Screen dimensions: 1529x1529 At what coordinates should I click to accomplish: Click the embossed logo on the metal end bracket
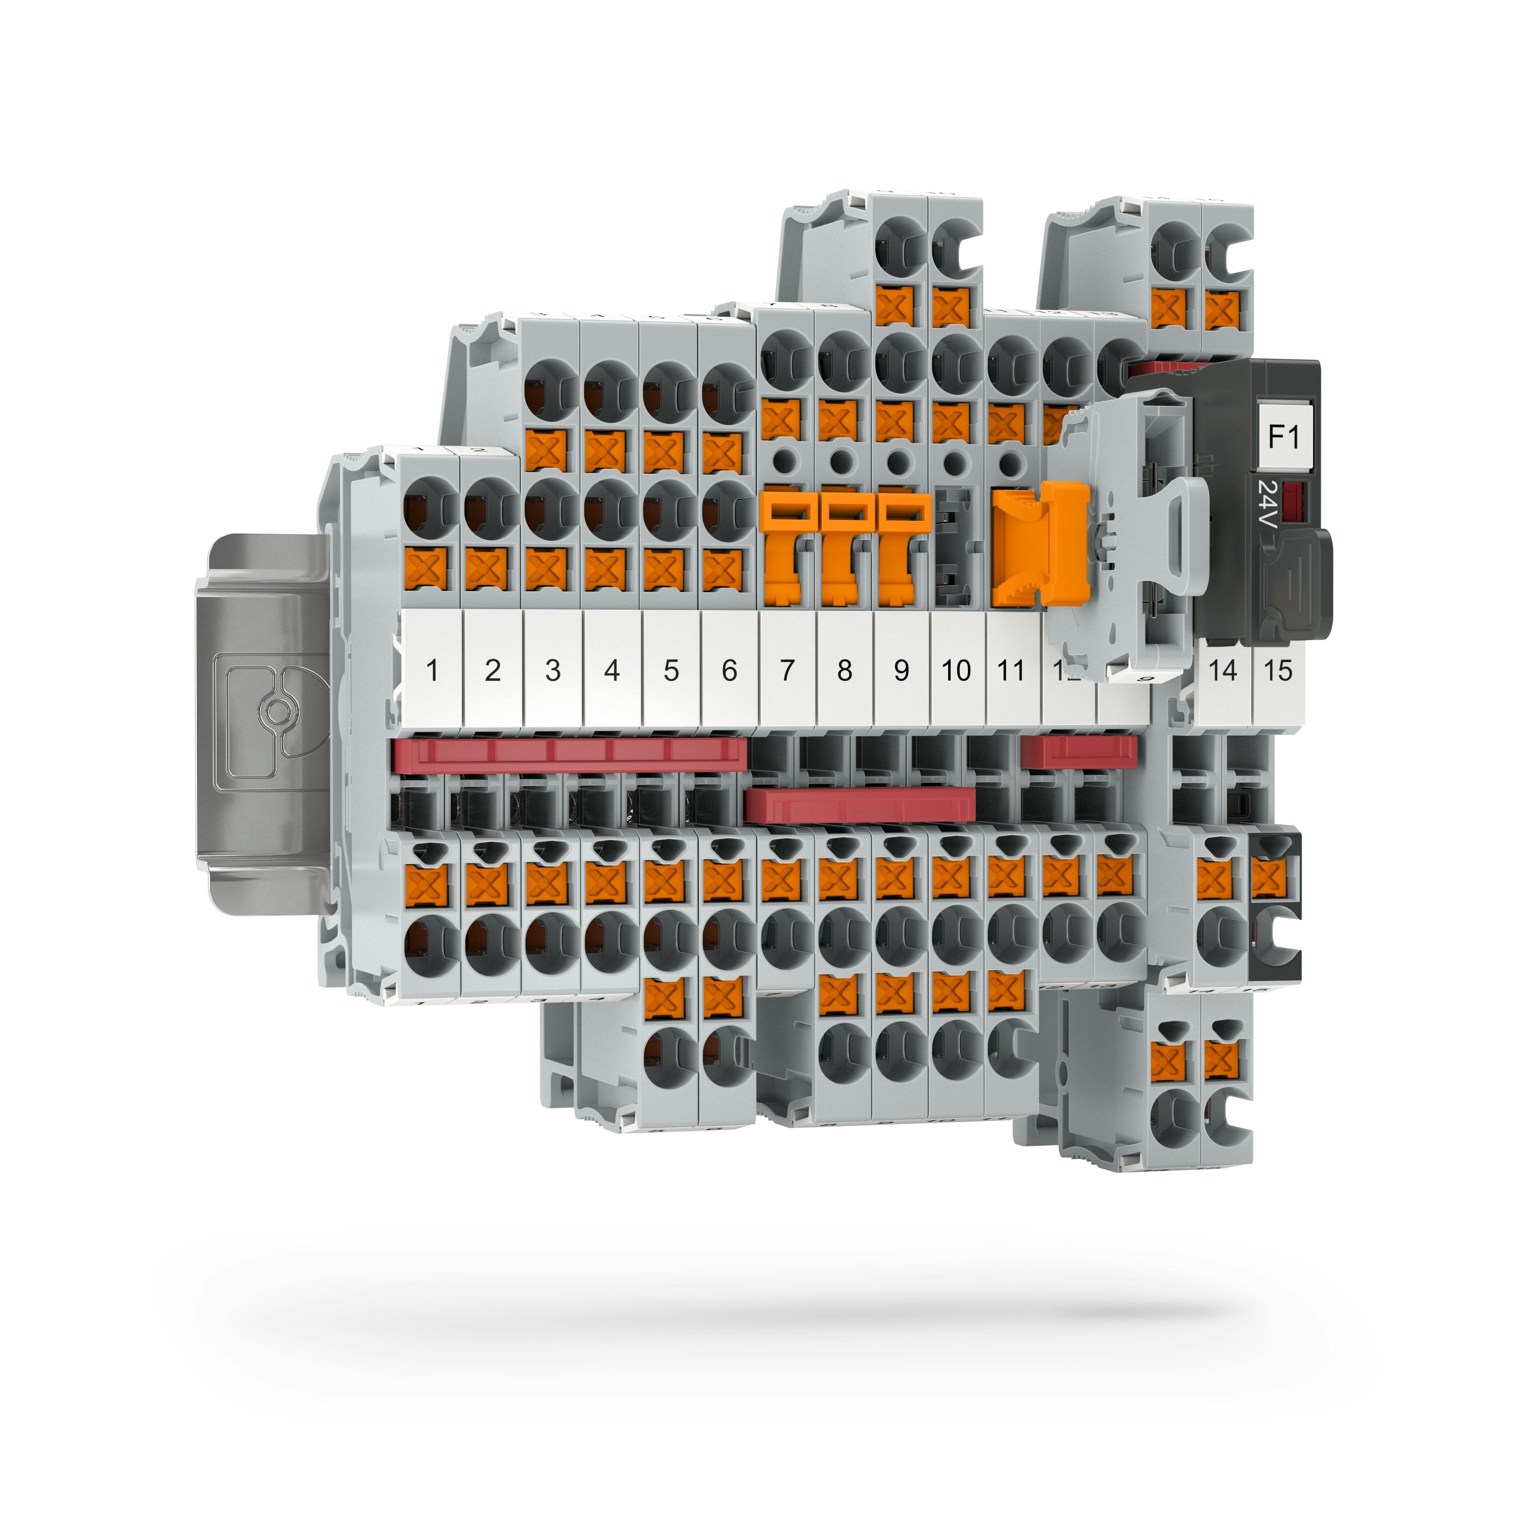pos(275,712)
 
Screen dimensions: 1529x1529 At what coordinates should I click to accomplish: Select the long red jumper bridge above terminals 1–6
pos(570,754)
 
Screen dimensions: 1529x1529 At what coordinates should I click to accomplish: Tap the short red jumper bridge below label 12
pos(1079,751)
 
